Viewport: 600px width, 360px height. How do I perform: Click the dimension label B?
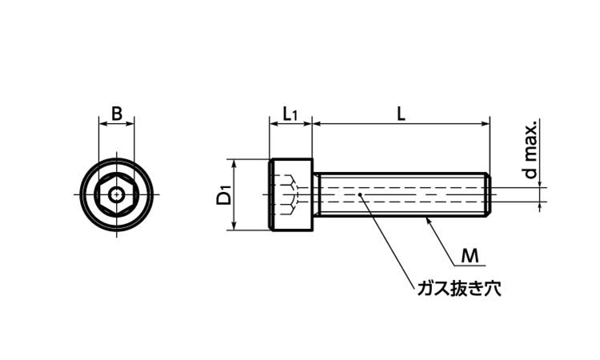pos(117,114)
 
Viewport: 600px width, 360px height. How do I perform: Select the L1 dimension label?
pos(290,114)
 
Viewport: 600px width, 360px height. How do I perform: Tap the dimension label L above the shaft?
pos(401,114)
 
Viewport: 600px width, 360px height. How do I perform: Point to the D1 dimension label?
pos(224,194)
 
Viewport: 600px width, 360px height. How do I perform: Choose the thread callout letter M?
pos(470,255)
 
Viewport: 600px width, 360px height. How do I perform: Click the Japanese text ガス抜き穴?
pos(459,288)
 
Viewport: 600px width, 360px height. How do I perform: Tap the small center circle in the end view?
pos(116,194)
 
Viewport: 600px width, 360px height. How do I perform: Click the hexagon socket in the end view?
pos(116,194)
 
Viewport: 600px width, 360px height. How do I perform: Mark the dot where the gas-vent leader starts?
pos(360,194)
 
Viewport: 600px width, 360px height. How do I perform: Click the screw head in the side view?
pos(291,194)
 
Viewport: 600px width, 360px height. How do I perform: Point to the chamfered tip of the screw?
pos(488,194)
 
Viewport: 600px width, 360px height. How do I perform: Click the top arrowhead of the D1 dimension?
pos(234,163)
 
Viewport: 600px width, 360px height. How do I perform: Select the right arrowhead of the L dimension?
pos(486,123)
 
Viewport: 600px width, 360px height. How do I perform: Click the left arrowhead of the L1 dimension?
pos(274,123)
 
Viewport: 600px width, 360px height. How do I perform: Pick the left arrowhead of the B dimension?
pos(103,123)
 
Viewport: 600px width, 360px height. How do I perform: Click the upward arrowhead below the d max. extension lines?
pos(540,206)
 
